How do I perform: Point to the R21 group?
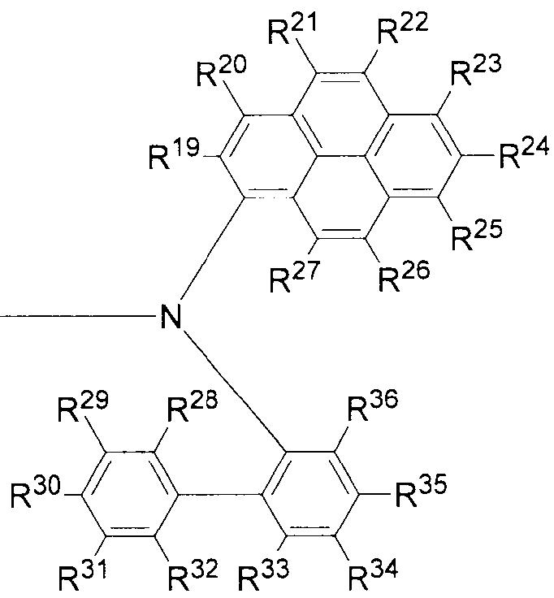[x=290, y=31]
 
